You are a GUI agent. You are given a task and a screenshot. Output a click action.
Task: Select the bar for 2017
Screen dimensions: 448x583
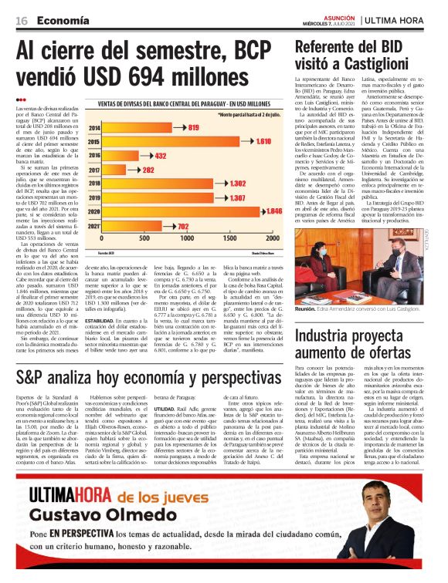pyautogui.click(x=124, y=170)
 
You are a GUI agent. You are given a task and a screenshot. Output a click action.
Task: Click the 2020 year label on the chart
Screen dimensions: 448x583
pyautogui.click(x=95, y=211)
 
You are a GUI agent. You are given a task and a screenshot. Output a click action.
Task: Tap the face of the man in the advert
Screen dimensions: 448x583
pyautogui.click(x=390, y=517)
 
